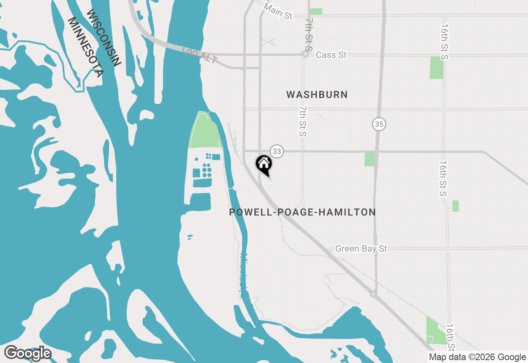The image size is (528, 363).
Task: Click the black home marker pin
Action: click(x=264, y=164)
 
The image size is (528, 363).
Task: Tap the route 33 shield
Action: click(x=276, y=151)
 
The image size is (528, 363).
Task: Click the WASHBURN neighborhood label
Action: click(x=317, y=94)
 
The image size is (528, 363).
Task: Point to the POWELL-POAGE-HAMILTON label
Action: click(x=302, y=212)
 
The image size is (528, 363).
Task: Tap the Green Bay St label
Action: click(x=361, y=249)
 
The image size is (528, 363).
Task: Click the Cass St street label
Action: click(x=331, y=55)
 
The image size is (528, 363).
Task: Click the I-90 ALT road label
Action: click(x=200, y=55)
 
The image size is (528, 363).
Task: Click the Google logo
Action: click(x=28, y=353)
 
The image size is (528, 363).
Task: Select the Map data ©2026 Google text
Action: click(x=477, y=357)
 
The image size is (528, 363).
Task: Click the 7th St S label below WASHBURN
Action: click(x=303, y=121)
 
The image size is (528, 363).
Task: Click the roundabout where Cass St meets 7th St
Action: click(x=305, y=54)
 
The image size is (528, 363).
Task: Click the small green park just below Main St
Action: click(x=316, y=12)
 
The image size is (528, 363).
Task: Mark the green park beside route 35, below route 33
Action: click(x=370, y=159)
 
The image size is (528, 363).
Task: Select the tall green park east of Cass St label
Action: click(x=436, y=68)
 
